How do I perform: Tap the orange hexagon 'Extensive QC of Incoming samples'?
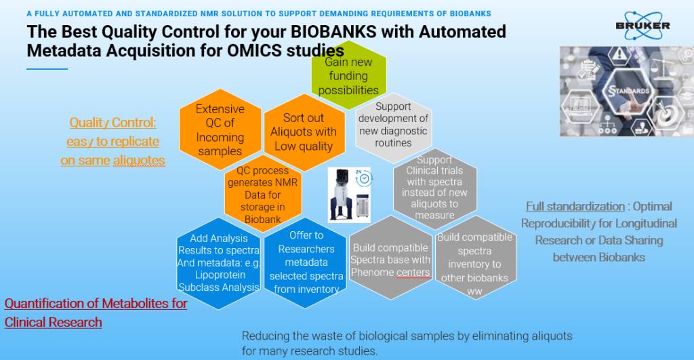coord(220,129)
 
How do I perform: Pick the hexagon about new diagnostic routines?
coord(393,125)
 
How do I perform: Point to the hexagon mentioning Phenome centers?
coord(390,260)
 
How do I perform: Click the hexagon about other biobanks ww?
coord(474,261)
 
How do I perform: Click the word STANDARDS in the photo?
coord(630,90)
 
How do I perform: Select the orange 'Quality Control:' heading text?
coord(113,122)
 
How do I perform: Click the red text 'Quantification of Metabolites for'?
coord(96,303)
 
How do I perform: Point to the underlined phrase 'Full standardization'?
coord(575,206)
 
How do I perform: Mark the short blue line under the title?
coord(47,69)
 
